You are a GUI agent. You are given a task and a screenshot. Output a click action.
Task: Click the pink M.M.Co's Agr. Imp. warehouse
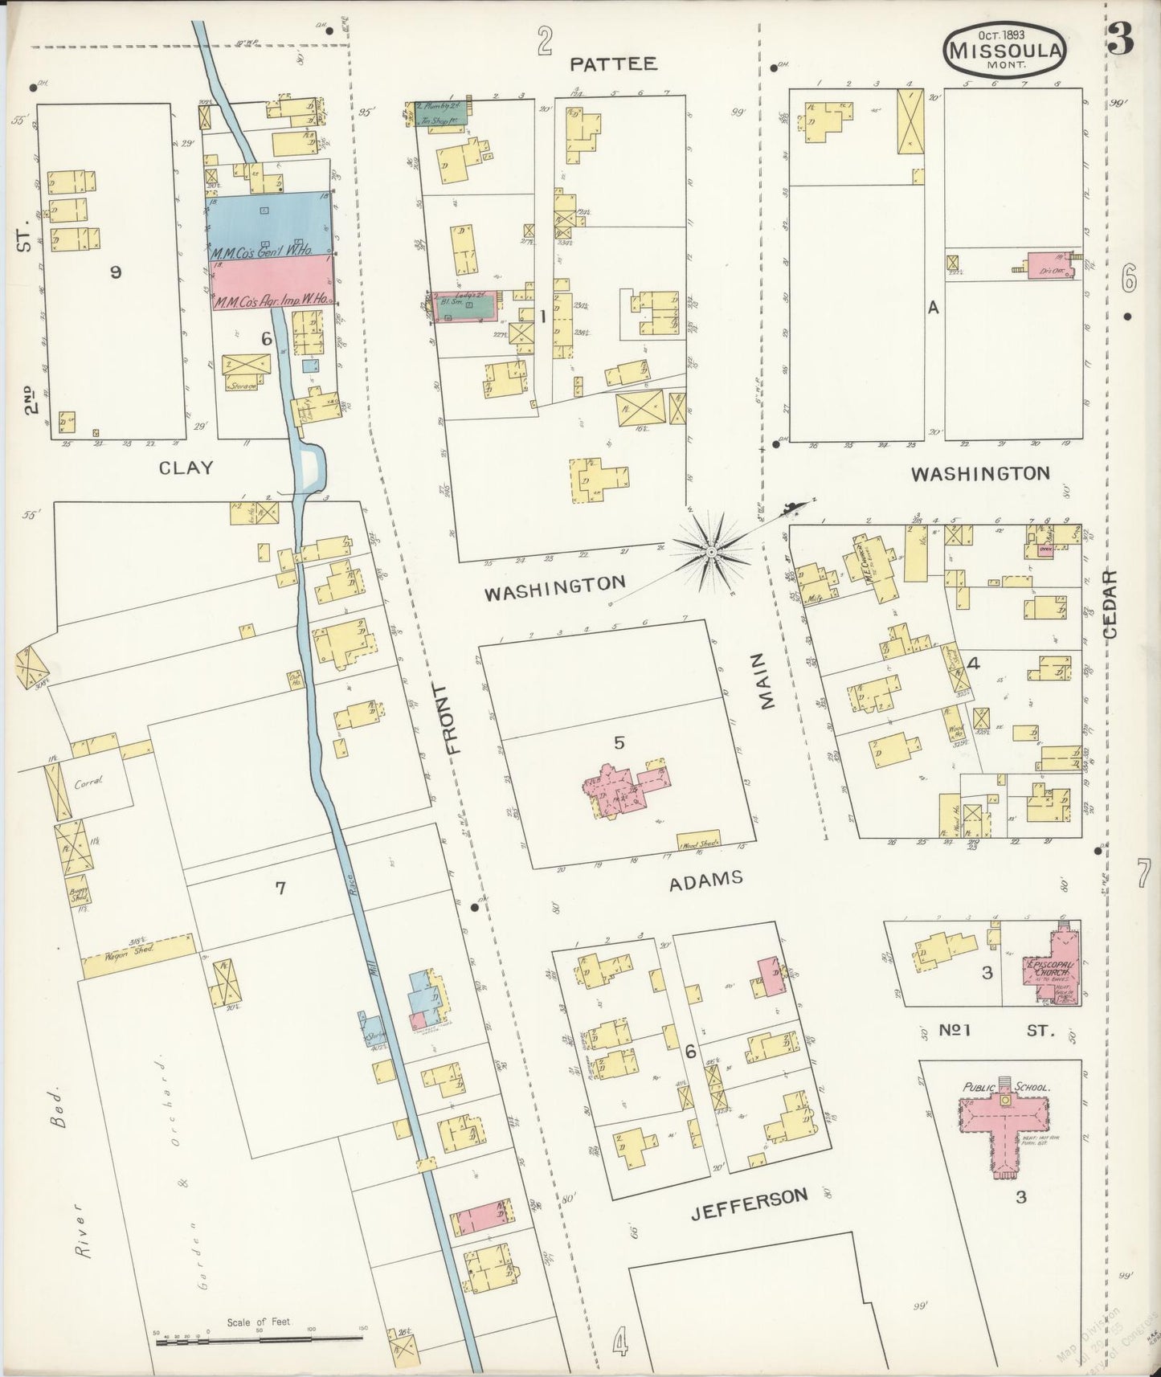(272, 284)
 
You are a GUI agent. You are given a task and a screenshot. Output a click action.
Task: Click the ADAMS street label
(706, 879)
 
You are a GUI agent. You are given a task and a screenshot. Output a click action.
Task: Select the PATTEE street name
(614, 64)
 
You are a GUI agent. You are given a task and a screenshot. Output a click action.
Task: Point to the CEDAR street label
(1110, 604)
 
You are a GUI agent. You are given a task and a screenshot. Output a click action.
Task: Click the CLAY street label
(186, 468)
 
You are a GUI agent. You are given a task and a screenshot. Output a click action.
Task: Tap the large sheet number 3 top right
(1120, 40)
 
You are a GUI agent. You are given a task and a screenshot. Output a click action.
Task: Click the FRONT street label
(456, 718)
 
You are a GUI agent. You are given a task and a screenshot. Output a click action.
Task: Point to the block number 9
(116, 272)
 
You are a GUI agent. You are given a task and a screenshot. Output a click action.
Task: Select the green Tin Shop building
(441, 114)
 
